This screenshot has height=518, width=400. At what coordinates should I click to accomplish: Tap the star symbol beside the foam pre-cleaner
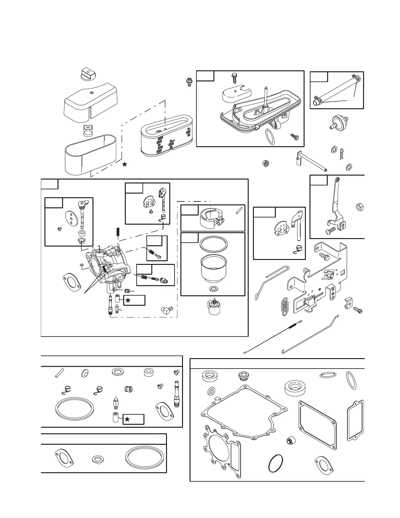coord(125,164)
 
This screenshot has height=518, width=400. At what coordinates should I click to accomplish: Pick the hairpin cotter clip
coord(342,154)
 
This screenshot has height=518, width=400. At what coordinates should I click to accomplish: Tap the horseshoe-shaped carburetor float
coord(211,217)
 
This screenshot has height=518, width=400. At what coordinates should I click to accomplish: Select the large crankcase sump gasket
coord(244,412)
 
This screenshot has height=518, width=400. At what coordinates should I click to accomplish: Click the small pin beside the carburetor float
coord(239,210)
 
